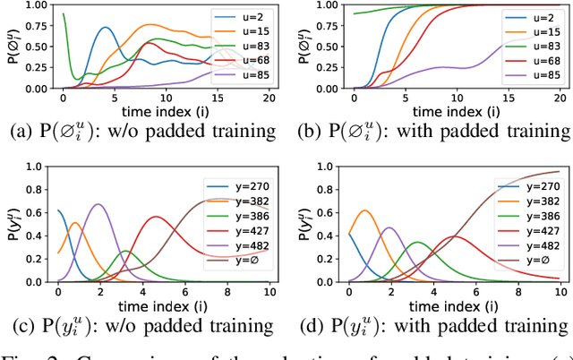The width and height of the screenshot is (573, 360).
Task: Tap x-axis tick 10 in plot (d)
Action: pos(560,290)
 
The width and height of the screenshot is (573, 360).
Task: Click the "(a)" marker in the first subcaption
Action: pos(20,131)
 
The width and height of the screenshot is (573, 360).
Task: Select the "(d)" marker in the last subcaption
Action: pos(309,323)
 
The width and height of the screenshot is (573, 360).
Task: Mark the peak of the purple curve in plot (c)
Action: pos(99,204)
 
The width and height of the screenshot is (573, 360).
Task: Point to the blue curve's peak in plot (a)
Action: pos(106,27)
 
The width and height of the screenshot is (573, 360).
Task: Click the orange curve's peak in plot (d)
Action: pos(364,211)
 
